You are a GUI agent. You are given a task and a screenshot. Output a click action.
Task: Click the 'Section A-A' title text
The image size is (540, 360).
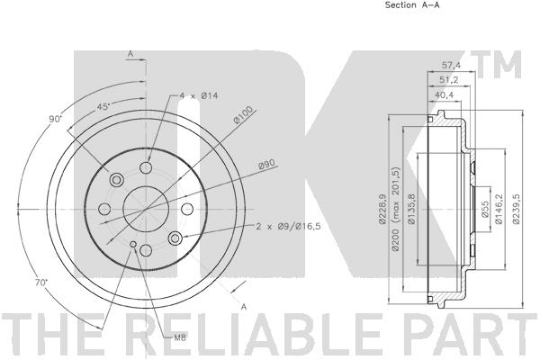pos(412,4)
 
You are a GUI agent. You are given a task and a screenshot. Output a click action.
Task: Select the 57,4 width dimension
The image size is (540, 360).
pos(451,65)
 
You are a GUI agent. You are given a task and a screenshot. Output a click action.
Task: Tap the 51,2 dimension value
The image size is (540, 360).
pos(448,79)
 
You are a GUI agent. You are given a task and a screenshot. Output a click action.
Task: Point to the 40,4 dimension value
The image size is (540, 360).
pos(445,94)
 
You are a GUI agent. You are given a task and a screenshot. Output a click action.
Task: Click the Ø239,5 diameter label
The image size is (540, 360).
pos(516,209)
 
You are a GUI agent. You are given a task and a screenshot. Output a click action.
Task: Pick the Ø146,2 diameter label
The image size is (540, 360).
pos(499,209)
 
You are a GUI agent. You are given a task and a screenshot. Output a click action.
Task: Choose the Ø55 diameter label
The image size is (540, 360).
pos(485,210)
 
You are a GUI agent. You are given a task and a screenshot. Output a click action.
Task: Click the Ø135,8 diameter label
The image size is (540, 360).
pos(410,209)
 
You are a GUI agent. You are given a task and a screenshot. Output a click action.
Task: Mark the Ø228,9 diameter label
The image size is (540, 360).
pos(382,209)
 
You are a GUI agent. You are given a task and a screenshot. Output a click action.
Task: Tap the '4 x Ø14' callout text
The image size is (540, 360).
pos(199,95)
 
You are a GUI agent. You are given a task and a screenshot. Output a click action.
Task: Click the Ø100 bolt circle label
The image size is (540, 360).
pos(243,114)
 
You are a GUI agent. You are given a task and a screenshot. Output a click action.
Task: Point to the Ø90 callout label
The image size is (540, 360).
pos(268,165)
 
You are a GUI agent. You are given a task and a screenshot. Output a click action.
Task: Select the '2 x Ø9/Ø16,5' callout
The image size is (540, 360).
pos(289,226)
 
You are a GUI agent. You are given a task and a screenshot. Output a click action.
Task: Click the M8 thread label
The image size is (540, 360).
pos(180,338)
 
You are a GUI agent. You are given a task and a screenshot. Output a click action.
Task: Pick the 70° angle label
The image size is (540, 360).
pos(41,283)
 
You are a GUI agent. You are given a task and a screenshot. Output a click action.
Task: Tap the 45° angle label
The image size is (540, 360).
pos(103,107)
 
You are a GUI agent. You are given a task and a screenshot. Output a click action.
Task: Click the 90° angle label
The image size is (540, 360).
pos(55,120)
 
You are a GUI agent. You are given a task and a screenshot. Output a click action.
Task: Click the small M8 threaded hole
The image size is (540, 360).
pos(133,244)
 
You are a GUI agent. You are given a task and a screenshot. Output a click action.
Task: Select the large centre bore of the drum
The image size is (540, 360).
pos(146,209)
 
